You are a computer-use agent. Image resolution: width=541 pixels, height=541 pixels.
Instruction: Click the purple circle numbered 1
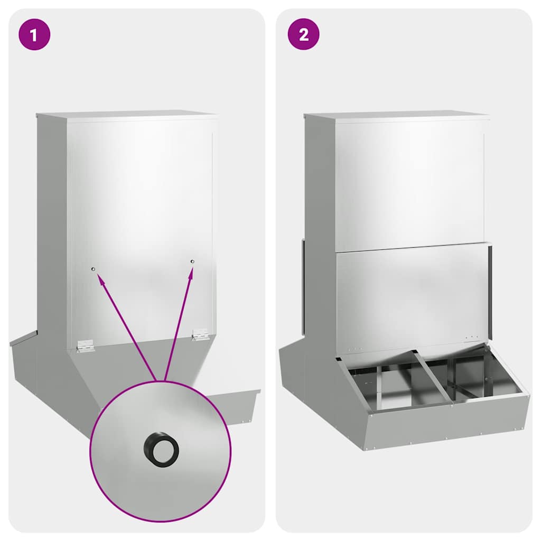tap(34, 34)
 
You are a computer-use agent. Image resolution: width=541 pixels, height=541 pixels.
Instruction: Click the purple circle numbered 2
tap(304, 34)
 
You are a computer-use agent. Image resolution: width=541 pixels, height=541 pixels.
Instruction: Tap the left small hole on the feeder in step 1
tap(93, 269)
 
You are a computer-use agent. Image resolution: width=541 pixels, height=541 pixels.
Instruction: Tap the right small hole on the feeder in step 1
tap(192, 262)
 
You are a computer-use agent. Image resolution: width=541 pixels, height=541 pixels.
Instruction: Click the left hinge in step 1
tap(85, 346)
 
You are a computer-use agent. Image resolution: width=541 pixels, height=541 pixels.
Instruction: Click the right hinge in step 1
tap(200, 334)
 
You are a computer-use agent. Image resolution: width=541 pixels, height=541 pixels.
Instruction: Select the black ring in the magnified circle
tap(161, 449)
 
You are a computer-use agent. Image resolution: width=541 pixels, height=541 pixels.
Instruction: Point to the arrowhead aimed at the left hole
tap(100, 278)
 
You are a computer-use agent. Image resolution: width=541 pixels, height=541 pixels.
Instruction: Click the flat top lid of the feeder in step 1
tap(127, 115)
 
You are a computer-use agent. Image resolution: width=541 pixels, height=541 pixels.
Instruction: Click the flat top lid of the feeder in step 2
tap(397, 115)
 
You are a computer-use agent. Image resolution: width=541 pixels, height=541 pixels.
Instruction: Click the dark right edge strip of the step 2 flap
tap(490, 292)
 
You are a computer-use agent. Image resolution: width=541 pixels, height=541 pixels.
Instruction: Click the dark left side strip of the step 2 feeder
tap(303, 286)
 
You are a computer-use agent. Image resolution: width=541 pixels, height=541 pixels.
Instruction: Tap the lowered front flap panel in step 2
tap(412, 297)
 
